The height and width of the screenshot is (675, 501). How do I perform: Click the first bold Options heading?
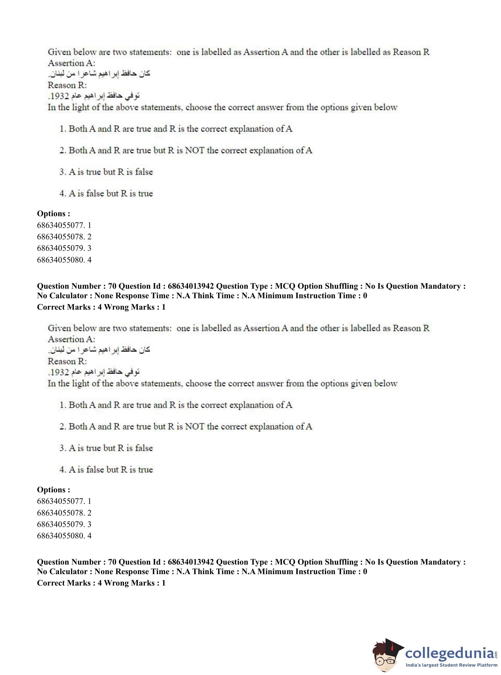coord(53,213)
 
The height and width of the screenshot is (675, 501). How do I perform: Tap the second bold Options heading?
coord(53,490)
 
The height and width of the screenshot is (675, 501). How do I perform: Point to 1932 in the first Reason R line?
coord(60,96)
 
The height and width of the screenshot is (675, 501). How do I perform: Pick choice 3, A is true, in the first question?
coord(106,172)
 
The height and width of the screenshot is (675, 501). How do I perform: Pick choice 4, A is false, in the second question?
coord(106,470)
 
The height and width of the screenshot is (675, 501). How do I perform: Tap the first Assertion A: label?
coord(71,63)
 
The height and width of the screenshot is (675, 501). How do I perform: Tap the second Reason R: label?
coord(67,361)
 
